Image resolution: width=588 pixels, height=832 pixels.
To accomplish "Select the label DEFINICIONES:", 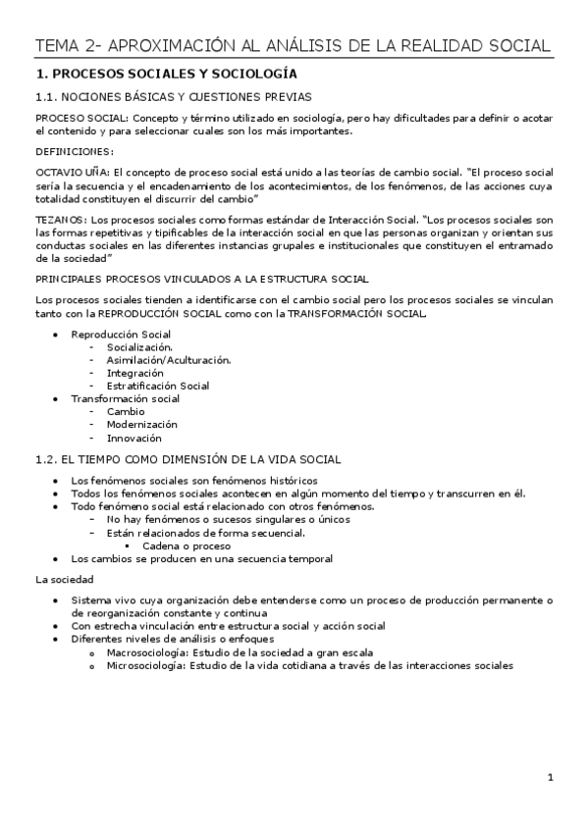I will point(74,151).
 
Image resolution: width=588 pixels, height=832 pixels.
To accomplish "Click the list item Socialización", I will point(140,347).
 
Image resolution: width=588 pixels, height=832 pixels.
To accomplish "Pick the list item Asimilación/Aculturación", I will point(169,360).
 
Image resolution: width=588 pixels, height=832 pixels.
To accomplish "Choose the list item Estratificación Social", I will point(158,386).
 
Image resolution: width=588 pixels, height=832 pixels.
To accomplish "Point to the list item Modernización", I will point(142,424).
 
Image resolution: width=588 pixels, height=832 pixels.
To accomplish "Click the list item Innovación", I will point(134,438).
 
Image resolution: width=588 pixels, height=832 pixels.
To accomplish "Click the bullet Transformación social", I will point(125,398).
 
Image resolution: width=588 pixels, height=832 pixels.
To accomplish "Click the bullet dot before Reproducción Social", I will point(57,335).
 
